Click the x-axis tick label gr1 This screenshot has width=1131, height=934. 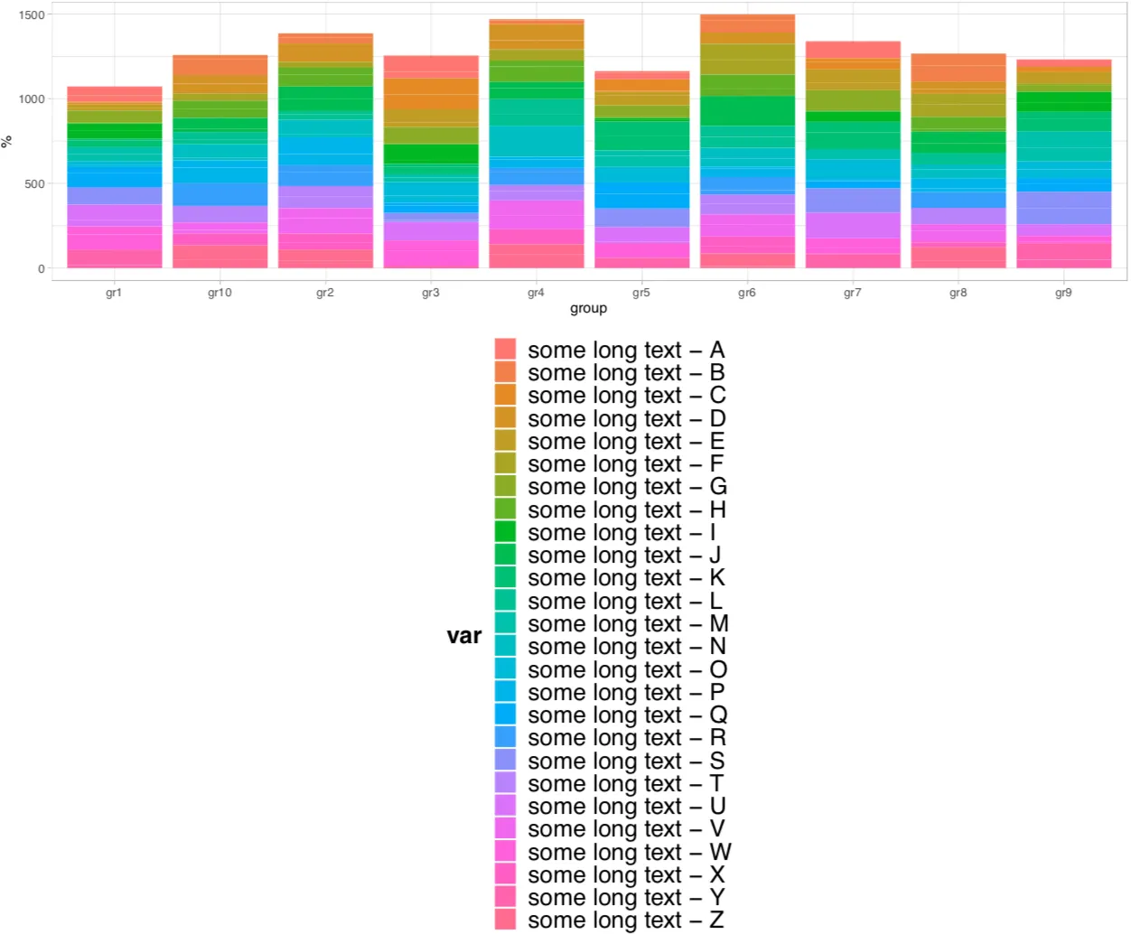114,293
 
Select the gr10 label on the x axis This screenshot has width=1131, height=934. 220,293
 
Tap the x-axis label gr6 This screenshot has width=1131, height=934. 747,293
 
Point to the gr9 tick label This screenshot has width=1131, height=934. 1063,293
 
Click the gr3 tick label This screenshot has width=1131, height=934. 431,293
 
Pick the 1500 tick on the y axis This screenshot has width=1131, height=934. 32,15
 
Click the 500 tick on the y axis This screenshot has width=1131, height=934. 34,184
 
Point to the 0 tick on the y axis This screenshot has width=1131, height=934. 41,269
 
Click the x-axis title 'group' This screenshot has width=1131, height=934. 588,309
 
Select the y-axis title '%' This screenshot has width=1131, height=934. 7,142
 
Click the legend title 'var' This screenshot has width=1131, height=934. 464,636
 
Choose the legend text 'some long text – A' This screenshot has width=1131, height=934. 626,350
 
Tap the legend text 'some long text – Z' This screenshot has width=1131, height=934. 626,920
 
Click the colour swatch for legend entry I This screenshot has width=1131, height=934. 506,532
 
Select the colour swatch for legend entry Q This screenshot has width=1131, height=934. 506,715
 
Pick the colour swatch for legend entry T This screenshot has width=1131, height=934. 506,783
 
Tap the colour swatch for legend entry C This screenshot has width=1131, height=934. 506,395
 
